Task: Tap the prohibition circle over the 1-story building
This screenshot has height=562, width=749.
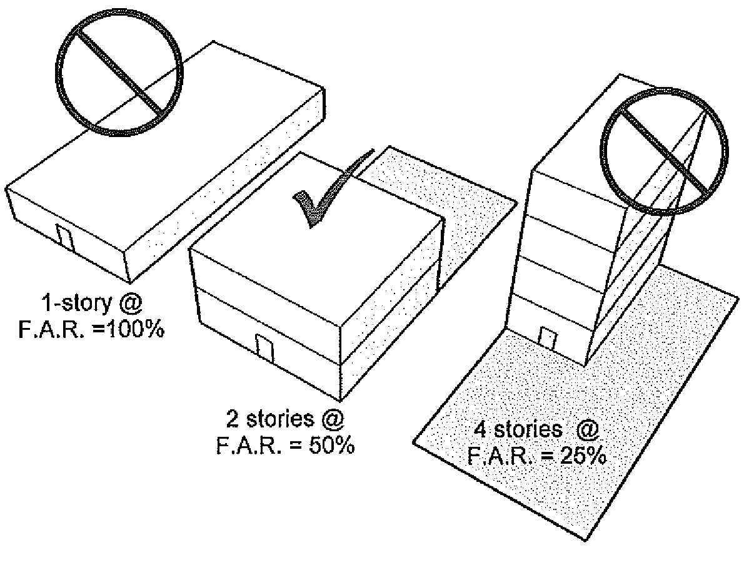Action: pos(119,72)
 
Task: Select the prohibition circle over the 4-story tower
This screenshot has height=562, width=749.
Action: pos(665,151)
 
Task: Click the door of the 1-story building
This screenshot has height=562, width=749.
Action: pos(65,237)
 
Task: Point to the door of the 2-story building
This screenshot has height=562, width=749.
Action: pos(264,349)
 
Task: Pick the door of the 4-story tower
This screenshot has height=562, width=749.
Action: pos(548,339)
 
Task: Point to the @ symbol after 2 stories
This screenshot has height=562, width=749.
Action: pos(333,419)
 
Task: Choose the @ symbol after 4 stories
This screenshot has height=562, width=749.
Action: pos(587,429)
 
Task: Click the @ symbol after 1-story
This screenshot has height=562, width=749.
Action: pos(131,304)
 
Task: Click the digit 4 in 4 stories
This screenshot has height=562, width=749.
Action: pos(481,429)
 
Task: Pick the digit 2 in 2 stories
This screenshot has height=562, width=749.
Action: pos(232,419)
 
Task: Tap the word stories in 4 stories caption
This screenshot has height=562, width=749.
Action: pos(527,429)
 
